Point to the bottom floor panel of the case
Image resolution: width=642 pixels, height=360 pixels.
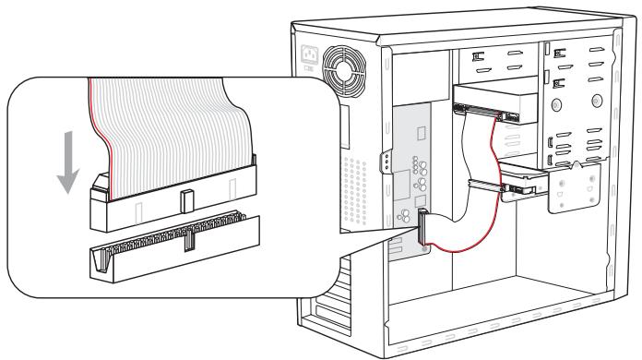pyautogui.click(x=480, y=323)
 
